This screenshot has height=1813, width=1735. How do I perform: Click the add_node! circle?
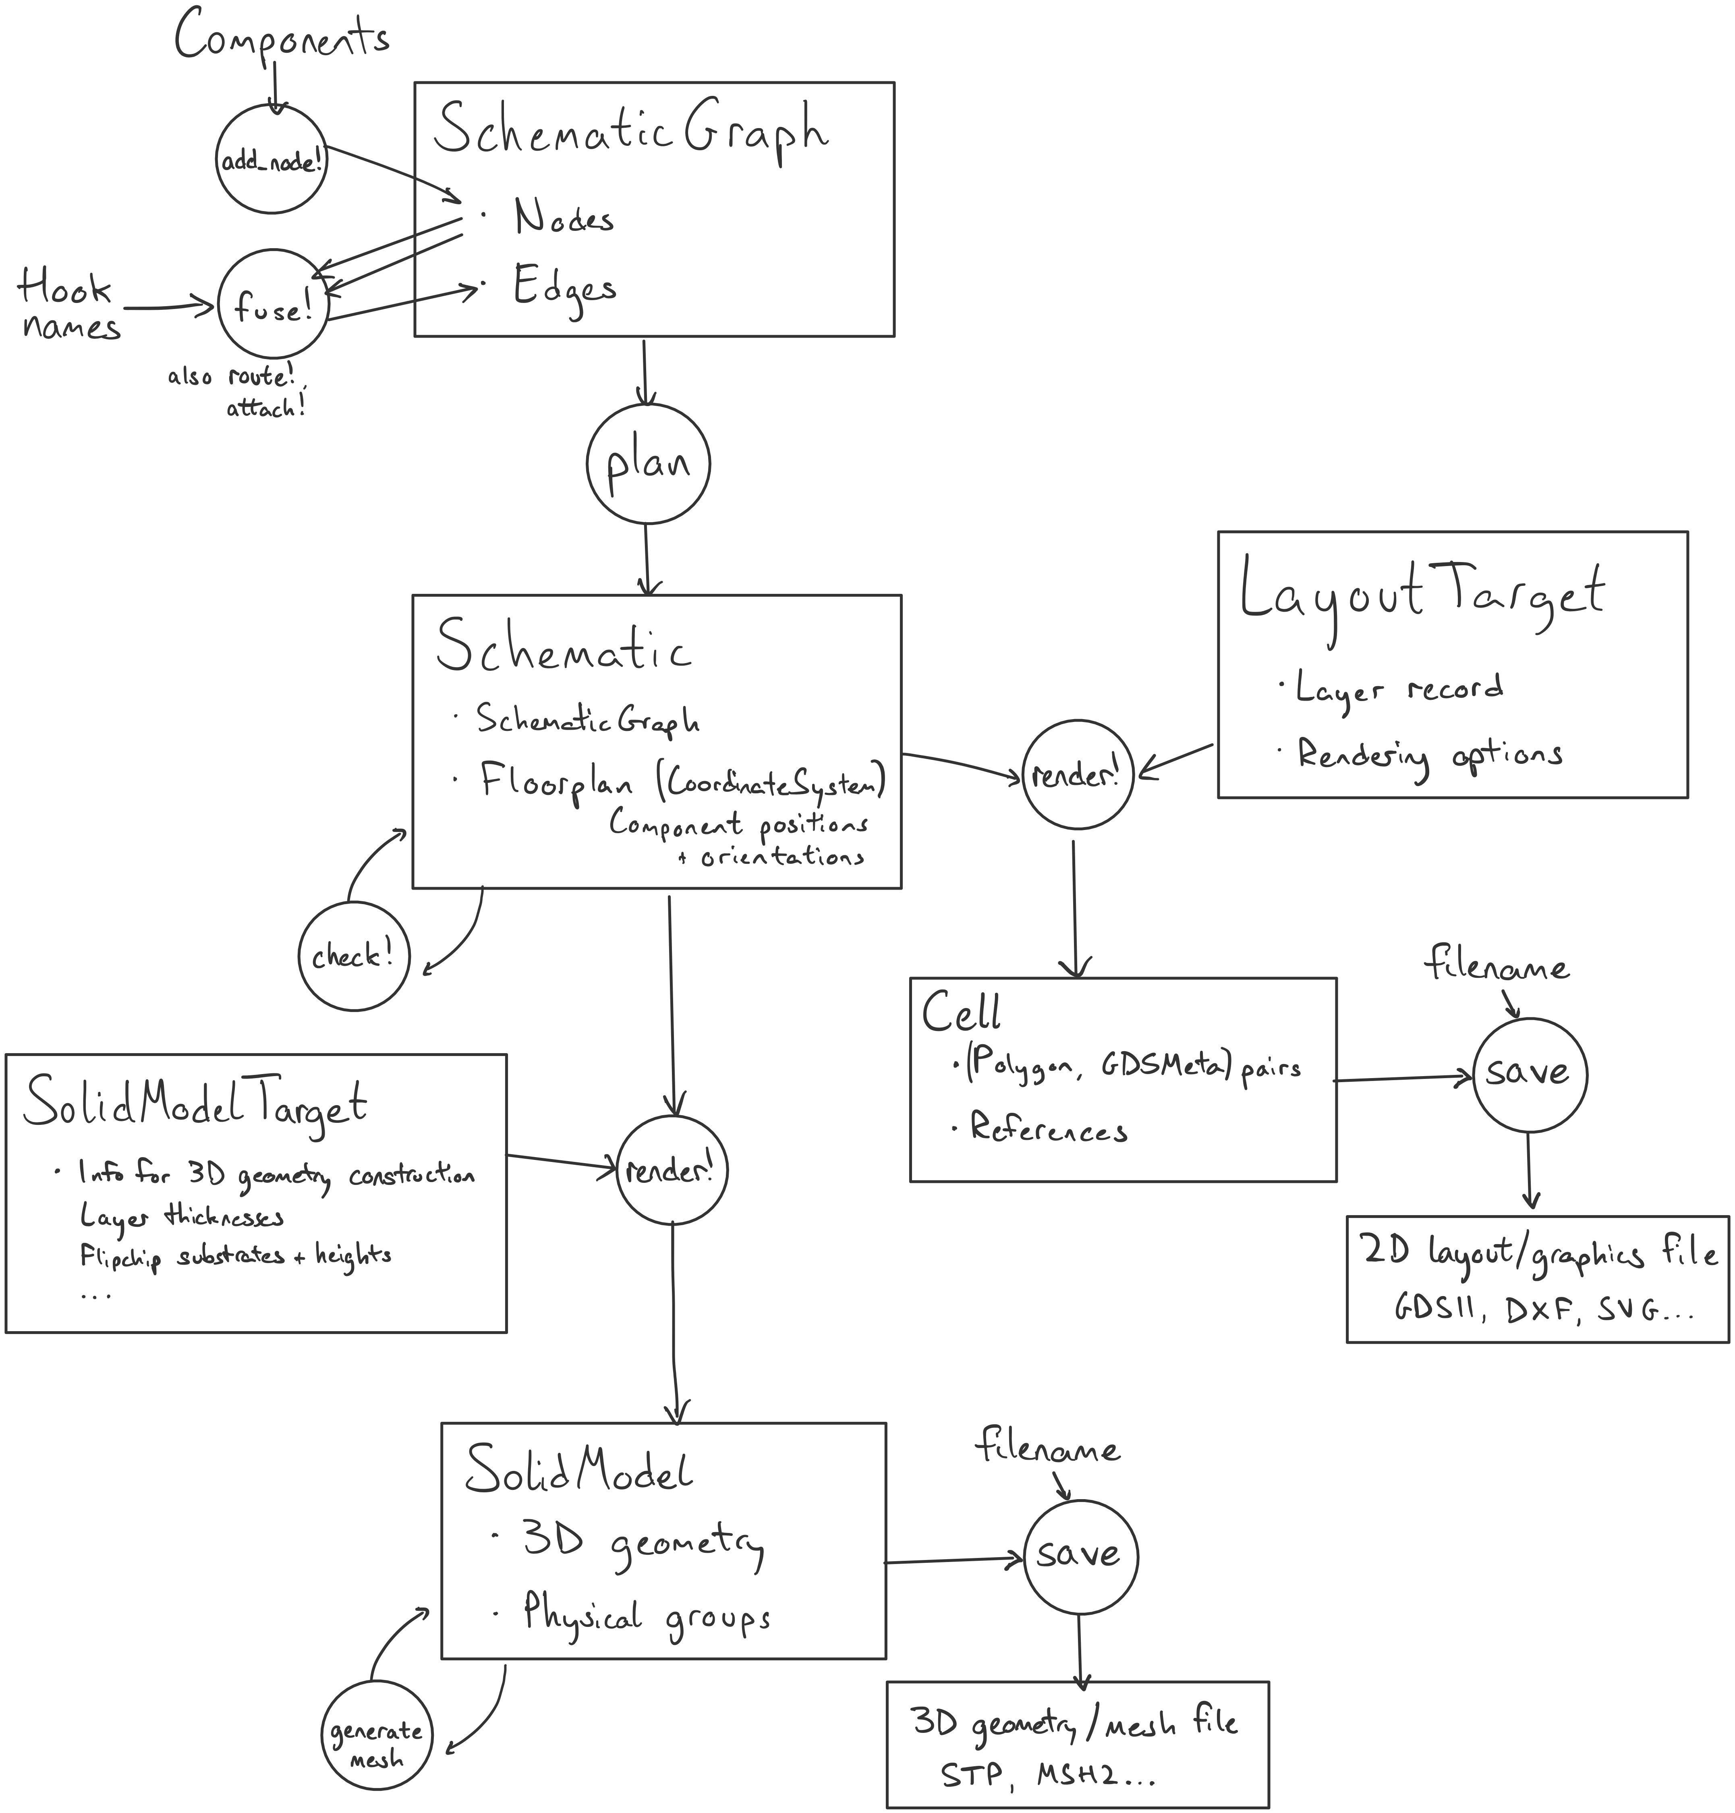tap(272, 160)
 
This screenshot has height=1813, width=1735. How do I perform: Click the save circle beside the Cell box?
tap(1528, 1074)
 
